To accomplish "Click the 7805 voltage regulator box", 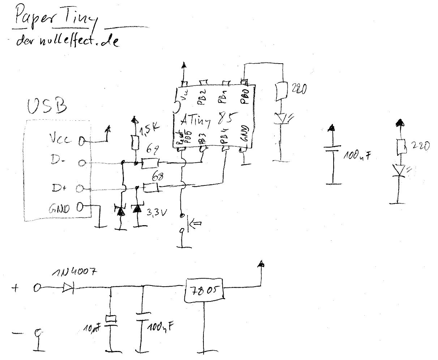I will (205, 290).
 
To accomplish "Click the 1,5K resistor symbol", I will (135, 142).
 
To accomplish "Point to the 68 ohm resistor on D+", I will (151, 188).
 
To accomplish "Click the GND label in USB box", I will (58, 209).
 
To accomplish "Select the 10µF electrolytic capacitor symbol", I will (111, 319).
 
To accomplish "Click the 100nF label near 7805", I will (160, 328).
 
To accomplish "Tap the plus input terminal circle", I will (38, 288).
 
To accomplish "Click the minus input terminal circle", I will (38, 331).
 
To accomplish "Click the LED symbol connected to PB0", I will (281, 118).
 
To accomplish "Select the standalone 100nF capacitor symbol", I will (332, 149).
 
